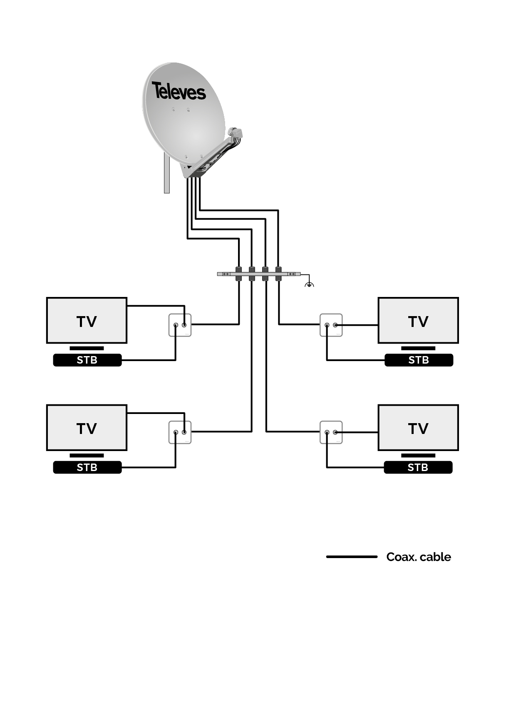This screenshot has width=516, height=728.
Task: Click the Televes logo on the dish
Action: tap(179, 91)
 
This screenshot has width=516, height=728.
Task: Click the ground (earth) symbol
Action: tap(309, 284)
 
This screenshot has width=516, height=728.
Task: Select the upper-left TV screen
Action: tap(87, 320)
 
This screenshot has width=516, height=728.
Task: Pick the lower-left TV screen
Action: tap(87, 427)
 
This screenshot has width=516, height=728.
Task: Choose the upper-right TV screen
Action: tap(418, 320)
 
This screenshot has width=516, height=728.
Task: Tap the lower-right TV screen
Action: tap(418, 427)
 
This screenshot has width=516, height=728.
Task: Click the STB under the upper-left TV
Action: tap(87, 360)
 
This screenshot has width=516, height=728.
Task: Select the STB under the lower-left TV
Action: tap(87, 467)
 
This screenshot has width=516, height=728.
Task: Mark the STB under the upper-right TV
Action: tap(419, 360)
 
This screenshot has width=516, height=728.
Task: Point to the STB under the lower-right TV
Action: tap(418, 467)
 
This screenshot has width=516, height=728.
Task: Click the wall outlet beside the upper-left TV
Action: tap(180, 325)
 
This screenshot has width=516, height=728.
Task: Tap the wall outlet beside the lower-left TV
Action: tap(180, 432)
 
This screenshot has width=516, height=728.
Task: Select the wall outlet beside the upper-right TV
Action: tap(331, 325)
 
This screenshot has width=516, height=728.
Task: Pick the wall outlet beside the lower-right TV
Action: tap(331, 432)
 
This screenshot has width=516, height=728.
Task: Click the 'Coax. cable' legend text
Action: tap(418, 557)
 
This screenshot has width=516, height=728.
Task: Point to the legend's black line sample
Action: tap(352, 556)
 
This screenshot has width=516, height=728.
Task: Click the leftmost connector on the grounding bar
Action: tap(239, 274)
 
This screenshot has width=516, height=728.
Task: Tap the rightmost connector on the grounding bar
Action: tap(278, 274)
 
